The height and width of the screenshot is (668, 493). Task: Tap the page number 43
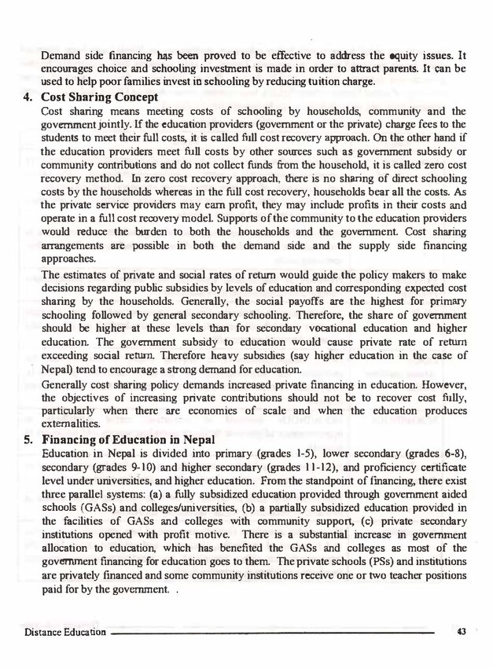pyautogui.click(x=462, y=631)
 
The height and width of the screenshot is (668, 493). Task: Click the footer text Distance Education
pyautogui.click(x=64, y=632)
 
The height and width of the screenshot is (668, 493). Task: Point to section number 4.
pyautogui.click(x=26, y=98)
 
